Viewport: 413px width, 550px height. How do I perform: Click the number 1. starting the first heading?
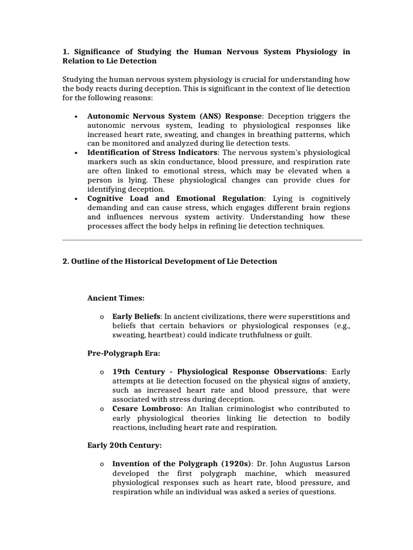(66, 52)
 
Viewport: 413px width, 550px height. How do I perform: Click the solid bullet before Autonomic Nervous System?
(78, 117)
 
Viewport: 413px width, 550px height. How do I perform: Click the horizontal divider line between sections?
(212, 240)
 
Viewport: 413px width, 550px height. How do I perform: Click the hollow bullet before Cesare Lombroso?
(102, 409)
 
